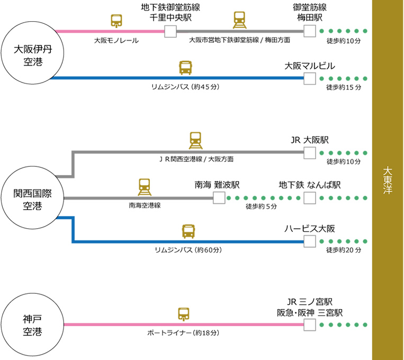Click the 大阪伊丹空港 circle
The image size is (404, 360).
click(32, 56)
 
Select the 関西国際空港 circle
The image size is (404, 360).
click(32, 197)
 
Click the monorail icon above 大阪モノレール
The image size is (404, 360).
click(116, 22)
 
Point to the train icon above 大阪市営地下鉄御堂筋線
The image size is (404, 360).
click(240, 20)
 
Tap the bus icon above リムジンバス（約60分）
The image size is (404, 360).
click(189, 231)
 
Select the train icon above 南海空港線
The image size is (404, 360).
click(145, 186)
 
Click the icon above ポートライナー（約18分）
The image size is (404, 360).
click(184, 314)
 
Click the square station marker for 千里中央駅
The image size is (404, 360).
click(170, 32)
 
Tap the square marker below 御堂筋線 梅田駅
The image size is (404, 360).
click(310, 32)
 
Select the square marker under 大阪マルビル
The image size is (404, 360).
click(310, 78)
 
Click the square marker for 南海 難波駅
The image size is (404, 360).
click(218, 198)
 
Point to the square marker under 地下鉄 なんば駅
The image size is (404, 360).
click(310, 198)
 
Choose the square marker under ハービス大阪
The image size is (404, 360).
click(310, 242)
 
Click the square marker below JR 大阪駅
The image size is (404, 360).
click(310, 153)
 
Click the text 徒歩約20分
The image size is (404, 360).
click(344, 250)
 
